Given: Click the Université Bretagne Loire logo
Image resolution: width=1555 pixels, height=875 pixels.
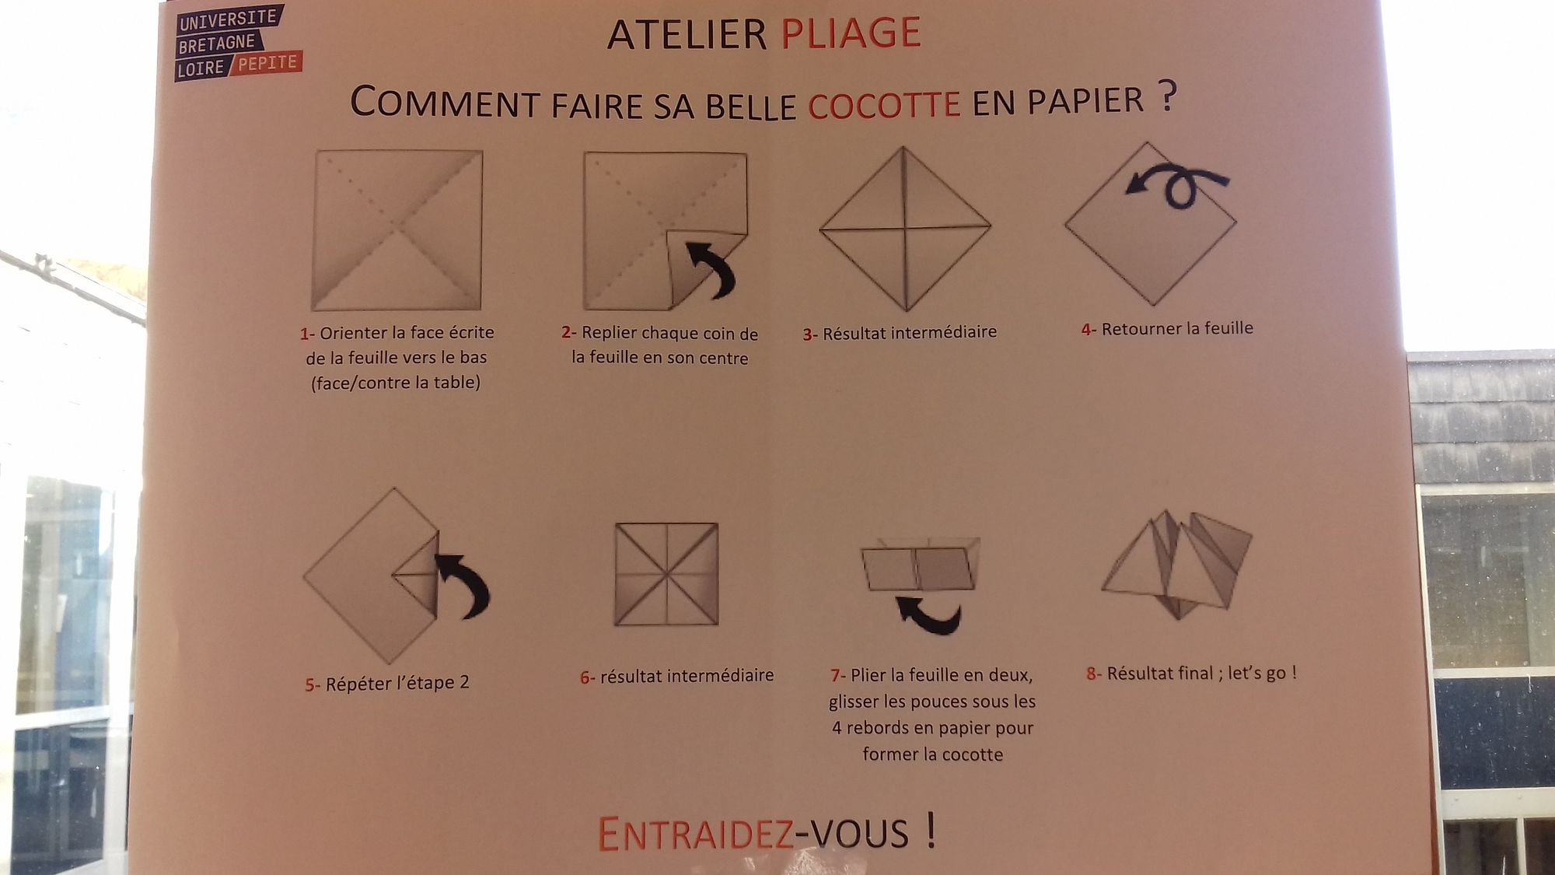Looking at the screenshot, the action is click(x=237, y=43).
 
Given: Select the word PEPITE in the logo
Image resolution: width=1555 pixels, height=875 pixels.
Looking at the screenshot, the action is click(x=267, y=63).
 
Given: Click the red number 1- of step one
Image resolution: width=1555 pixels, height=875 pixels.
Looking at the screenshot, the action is click(x=307, y=334).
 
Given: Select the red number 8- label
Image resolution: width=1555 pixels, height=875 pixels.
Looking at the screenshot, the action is click(x=1094, y=674).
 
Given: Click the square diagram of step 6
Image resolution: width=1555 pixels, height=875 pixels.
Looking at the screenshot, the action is click(x=666, y=574).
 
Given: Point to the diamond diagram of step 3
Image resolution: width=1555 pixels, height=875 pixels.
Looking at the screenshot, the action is click(x=905, y=228).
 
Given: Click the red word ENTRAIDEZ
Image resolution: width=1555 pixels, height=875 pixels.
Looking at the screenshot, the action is click(x=696, y=834).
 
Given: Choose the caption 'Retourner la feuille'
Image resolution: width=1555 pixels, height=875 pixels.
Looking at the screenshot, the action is click(x=1177, y=328).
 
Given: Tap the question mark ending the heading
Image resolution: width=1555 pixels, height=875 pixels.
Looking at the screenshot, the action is click(x=1166, y=96).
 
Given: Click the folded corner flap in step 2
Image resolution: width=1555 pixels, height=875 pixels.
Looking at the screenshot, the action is click(x=696, y=264).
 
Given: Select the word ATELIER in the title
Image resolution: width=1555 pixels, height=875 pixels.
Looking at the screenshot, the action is click(x=687, y=34).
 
